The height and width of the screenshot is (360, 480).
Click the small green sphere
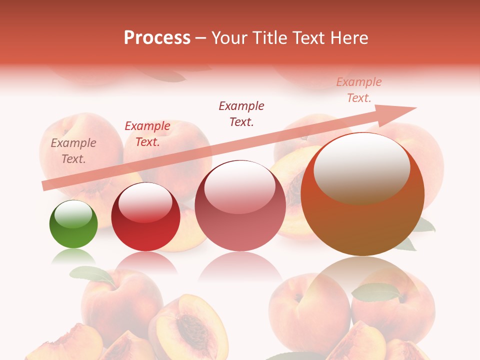coord(73,224)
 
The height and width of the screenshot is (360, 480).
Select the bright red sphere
coord(145,216)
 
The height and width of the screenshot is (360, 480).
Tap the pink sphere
coord(240,205)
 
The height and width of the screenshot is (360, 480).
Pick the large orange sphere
coord(362,194)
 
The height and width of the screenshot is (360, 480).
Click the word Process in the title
coord(157,37)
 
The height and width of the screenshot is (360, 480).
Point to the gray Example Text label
coord(73,151)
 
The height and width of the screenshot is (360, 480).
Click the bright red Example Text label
coord(147,134)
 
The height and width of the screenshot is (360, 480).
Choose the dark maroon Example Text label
coord(241,113)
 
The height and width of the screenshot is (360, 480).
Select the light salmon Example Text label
coord(359,90)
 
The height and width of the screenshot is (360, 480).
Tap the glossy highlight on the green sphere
coord(73,215)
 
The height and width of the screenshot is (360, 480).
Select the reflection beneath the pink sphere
coord(240,270)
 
